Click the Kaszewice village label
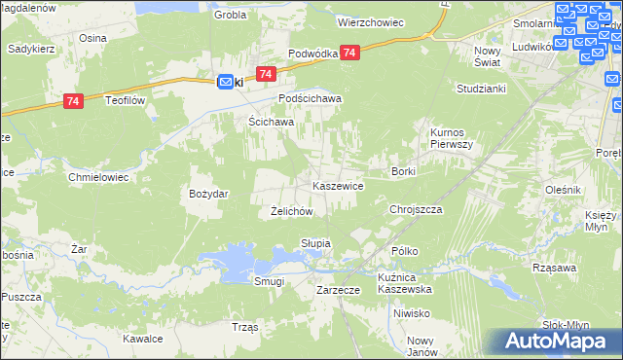click(x=338, y=185)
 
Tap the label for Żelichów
click(x=290, y=211)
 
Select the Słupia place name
click(x=315, y=242)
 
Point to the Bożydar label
click(x=208, y=194)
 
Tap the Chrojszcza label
click(x=416, y=209)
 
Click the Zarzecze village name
click(x=339, y=290)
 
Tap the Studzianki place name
click(x=481, y=88)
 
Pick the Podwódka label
click(x=312, y=54)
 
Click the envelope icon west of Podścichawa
click(x=225, y=83)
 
